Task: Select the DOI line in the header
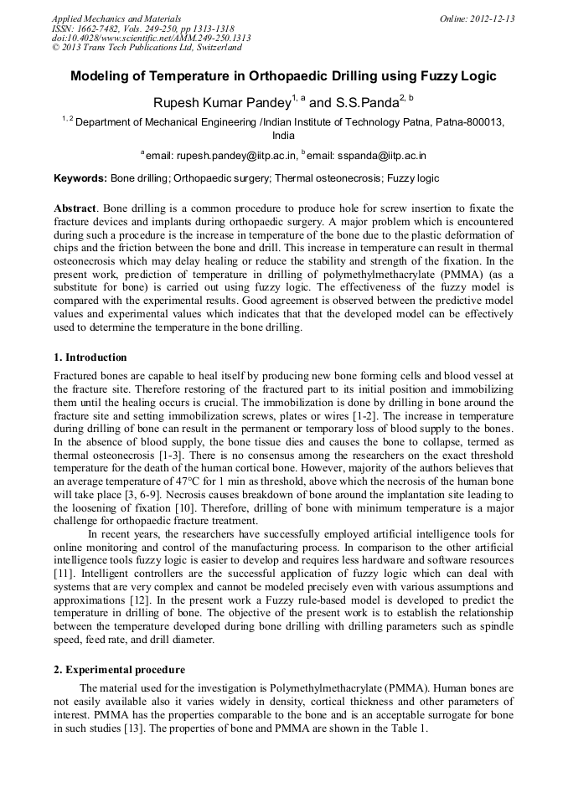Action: point(151,38)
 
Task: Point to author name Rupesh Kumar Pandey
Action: point(220,103)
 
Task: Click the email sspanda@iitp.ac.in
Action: point(381,156)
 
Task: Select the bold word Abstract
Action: point(75,208)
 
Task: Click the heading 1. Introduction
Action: point(90,358)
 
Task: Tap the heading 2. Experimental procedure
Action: point(119,670)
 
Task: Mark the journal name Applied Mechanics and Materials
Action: point(116,18)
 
